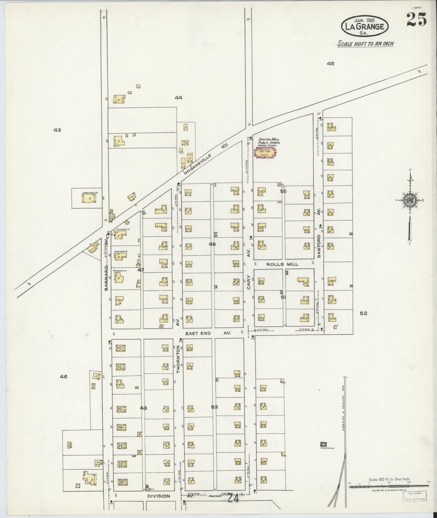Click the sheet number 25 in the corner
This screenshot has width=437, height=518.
pos(416,20)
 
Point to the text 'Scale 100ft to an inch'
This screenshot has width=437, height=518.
pos(365,44)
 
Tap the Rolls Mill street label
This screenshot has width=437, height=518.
pos(282,264)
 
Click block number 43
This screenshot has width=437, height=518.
pos(57,130)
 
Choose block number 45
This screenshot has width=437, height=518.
pos(330,63)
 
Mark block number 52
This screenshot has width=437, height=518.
pos(364,313)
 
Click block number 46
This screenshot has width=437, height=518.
pos(64,377)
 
